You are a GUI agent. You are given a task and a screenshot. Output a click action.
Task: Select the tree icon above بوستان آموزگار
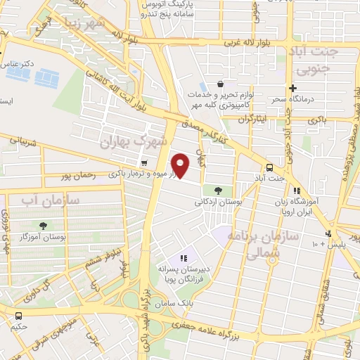44,226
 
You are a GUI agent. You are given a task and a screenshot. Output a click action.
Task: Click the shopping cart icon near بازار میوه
144,164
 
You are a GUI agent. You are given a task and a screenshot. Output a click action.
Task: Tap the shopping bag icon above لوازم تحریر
221,83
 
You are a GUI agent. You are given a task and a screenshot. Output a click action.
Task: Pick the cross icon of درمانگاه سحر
292,88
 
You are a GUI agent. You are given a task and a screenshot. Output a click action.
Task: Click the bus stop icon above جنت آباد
269,167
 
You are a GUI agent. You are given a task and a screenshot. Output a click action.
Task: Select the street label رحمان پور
77,175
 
